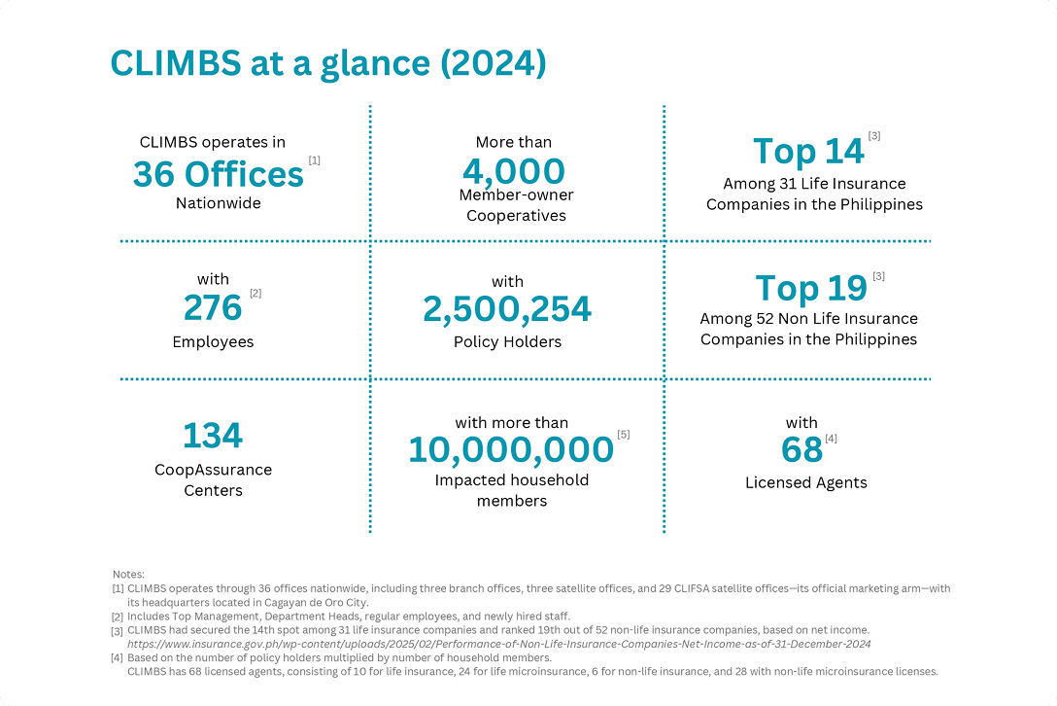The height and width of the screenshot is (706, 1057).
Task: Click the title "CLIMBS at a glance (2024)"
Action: pos(327,63)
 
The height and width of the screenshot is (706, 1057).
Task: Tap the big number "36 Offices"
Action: pos(219,175)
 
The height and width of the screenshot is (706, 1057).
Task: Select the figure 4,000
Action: pos(514,171)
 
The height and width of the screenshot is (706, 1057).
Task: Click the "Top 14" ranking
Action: pos(808,152)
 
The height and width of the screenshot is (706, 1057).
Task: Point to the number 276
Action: pos(213,308)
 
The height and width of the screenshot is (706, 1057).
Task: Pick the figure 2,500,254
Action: pos(507,309)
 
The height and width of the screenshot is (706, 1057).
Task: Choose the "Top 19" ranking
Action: pos(811,289)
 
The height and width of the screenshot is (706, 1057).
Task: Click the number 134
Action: pos(213,437)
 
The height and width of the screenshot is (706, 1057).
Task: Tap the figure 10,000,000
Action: pos(511,450)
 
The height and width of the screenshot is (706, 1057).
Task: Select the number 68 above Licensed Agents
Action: pos(801,450)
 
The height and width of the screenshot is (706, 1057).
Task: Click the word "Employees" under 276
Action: pos(213,342)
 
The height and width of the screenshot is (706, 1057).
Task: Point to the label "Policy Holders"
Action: pos(507,342)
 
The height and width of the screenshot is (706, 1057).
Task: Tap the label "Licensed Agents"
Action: pos(806,483)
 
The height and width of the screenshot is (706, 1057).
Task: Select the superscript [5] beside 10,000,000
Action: pos(624,434)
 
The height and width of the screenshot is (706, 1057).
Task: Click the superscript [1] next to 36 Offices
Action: pos(314,159)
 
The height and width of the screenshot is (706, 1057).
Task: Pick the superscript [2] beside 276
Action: pos(256,293)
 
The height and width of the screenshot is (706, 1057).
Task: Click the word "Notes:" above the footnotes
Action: pos(128,575)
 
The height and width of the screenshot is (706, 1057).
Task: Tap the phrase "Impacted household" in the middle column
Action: pos(512,480)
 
